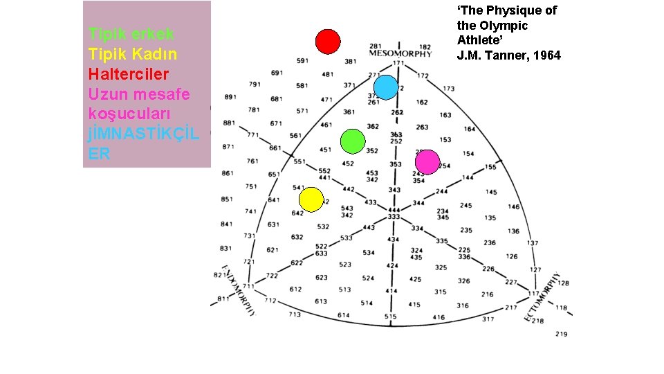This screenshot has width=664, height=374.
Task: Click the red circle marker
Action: coord(328,42)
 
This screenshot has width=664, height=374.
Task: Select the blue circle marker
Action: coord(386,87)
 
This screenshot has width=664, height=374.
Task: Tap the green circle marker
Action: coord(353,141)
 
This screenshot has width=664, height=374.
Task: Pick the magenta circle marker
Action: coord(427,162)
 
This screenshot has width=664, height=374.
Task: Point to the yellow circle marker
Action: coord(311,199)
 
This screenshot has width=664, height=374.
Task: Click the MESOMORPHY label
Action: coord(400,54)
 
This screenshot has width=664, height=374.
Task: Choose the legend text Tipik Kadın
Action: coord(133,53)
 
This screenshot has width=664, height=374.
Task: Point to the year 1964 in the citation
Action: coord(546,55)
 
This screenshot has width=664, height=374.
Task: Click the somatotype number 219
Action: coord(561,335)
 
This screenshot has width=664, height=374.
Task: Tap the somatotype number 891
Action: coord(230,97)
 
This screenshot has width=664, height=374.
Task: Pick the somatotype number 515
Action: coord(391,317)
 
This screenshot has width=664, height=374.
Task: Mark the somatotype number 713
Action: coord(295,314)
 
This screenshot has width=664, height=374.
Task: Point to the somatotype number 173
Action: coord(449,89)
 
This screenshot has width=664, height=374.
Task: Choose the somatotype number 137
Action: coord(532,243)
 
